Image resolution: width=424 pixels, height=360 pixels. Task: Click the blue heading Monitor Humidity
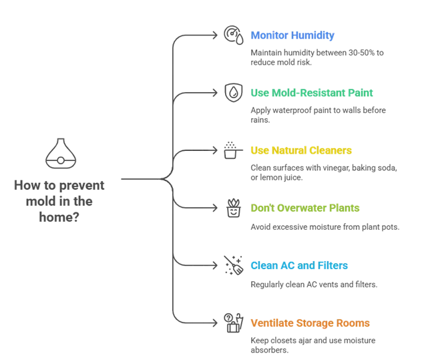pos(293,36)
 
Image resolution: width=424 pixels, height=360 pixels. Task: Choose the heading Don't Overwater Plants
pos(306,208)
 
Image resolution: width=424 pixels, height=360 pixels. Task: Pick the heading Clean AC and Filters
pos(300,266)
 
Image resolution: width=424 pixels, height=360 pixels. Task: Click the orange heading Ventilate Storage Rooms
pos(310,325)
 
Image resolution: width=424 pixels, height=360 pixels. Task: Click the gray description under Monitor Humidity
pos(316,57)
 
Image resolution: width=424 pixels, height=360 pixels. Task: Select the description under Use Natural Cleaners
pos(325,172)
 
